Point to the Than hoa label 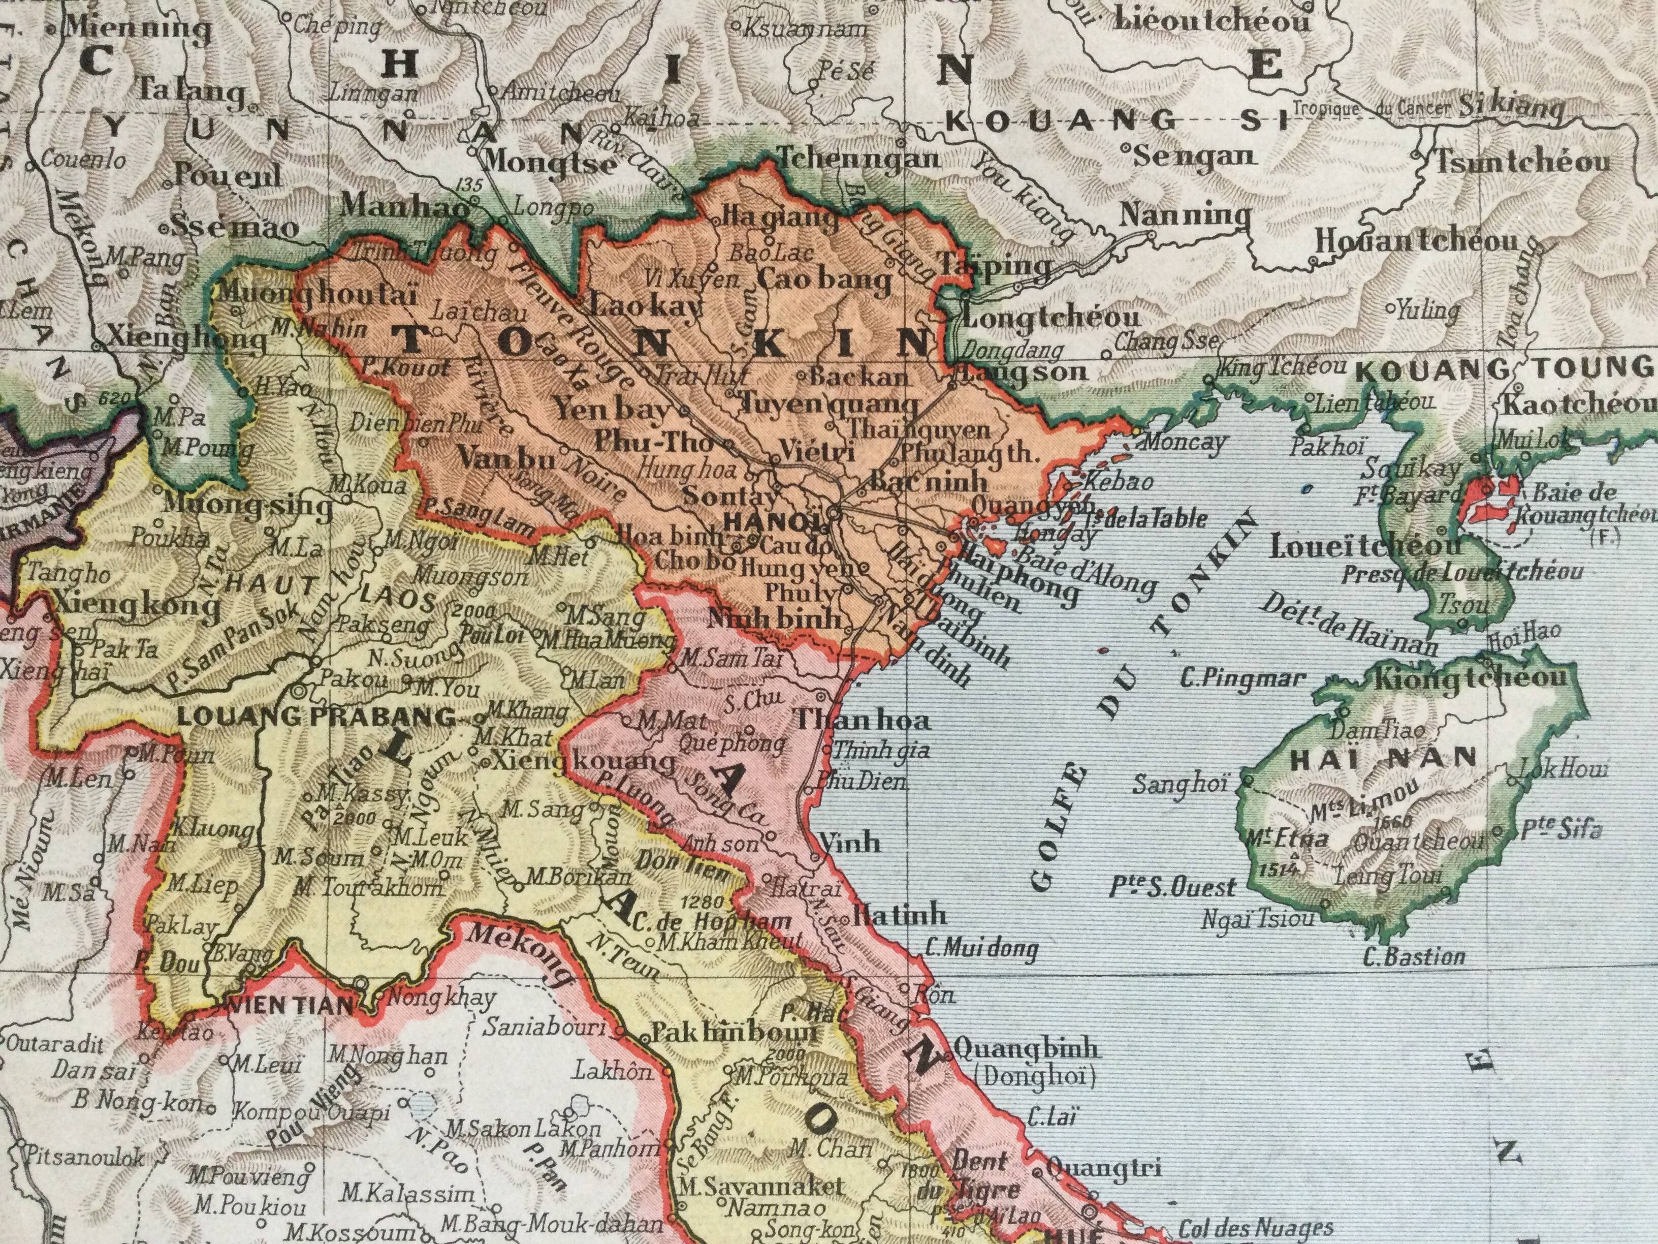(x=862, y=721)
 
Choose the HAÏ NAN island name (x=1382, y=759)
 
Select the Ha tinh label (x=900, y=915)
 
